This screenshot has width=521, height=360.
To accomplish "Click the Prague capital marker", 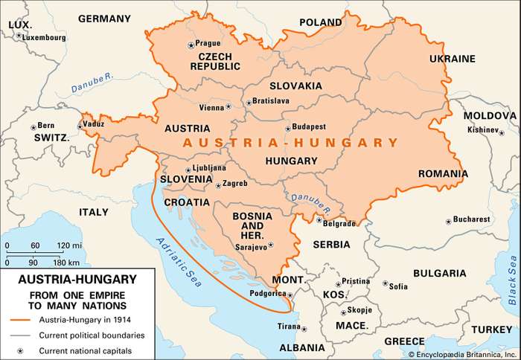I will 191,44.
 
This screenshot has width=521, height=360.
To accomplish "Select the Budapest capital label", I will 310,127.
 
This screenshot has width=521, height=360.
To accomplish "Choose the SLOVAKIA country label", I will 295,86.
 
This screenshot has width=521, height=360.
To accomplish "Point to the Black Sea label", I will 511,279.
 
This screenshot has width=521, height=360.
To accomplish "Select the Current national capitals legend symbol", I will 22,350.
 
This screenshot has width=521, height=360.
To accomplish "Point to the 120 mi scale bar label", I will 69,245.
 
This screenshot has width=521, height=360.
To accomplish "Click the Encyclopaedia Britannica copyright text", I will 461,353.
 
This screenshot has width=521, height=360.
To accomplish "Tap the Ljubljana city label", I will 209,168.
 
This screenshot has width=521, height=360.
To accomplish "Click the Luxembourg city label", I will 43,36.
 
